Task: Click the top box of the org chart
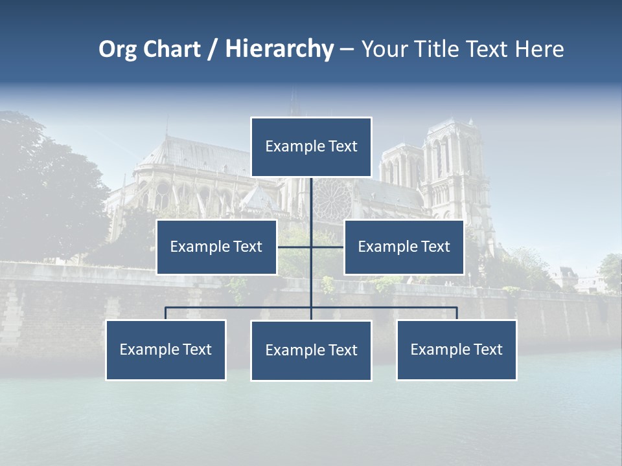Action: pyautogui.click(x=311, y=147)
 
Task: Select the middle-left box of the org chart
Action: pyautogui.click(x=216, y=247)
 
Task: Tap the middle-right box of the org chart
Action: pyautogui.click(x=404, y=247)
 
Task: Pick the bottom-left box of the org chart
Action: pyautogui.click(x=166, y=349)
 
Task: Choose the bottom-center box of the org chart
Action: pyautogui.click(x=311, y=350)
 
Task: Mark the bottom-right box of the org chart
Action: pyautogui.click(x=456, y=349)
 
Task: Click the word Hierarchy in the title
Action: pyautogui.click(x=279, y=49)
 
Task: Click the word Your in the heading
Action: pyautogui.click(x=385, y=49)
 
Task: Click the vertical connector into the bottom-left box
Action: pyautogui.click(x=166, y=313)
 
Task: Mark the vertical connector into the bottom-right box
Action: pyautogui.click(x=457, y=313)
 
